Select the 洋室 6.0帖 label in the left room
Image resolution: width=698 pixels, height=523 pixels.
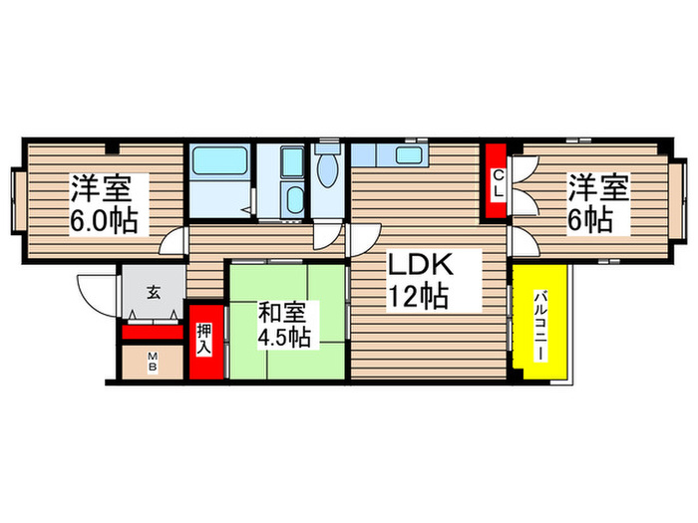104,203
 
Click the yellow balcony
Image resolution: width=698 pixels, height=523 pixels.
541,321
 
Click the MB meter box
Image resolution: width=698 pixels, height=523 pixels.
154,361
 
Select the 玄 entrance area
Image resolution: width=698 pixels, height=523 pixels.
154,293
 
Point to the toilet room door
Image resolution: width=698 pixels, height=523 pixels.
324,238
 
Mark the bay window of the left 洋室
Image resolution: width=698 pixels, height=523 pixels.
17,199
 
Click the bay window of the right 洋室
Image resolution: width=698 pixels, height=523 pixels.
679,199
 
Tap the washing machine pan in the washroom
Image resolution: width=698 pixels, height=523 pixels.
291,160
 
